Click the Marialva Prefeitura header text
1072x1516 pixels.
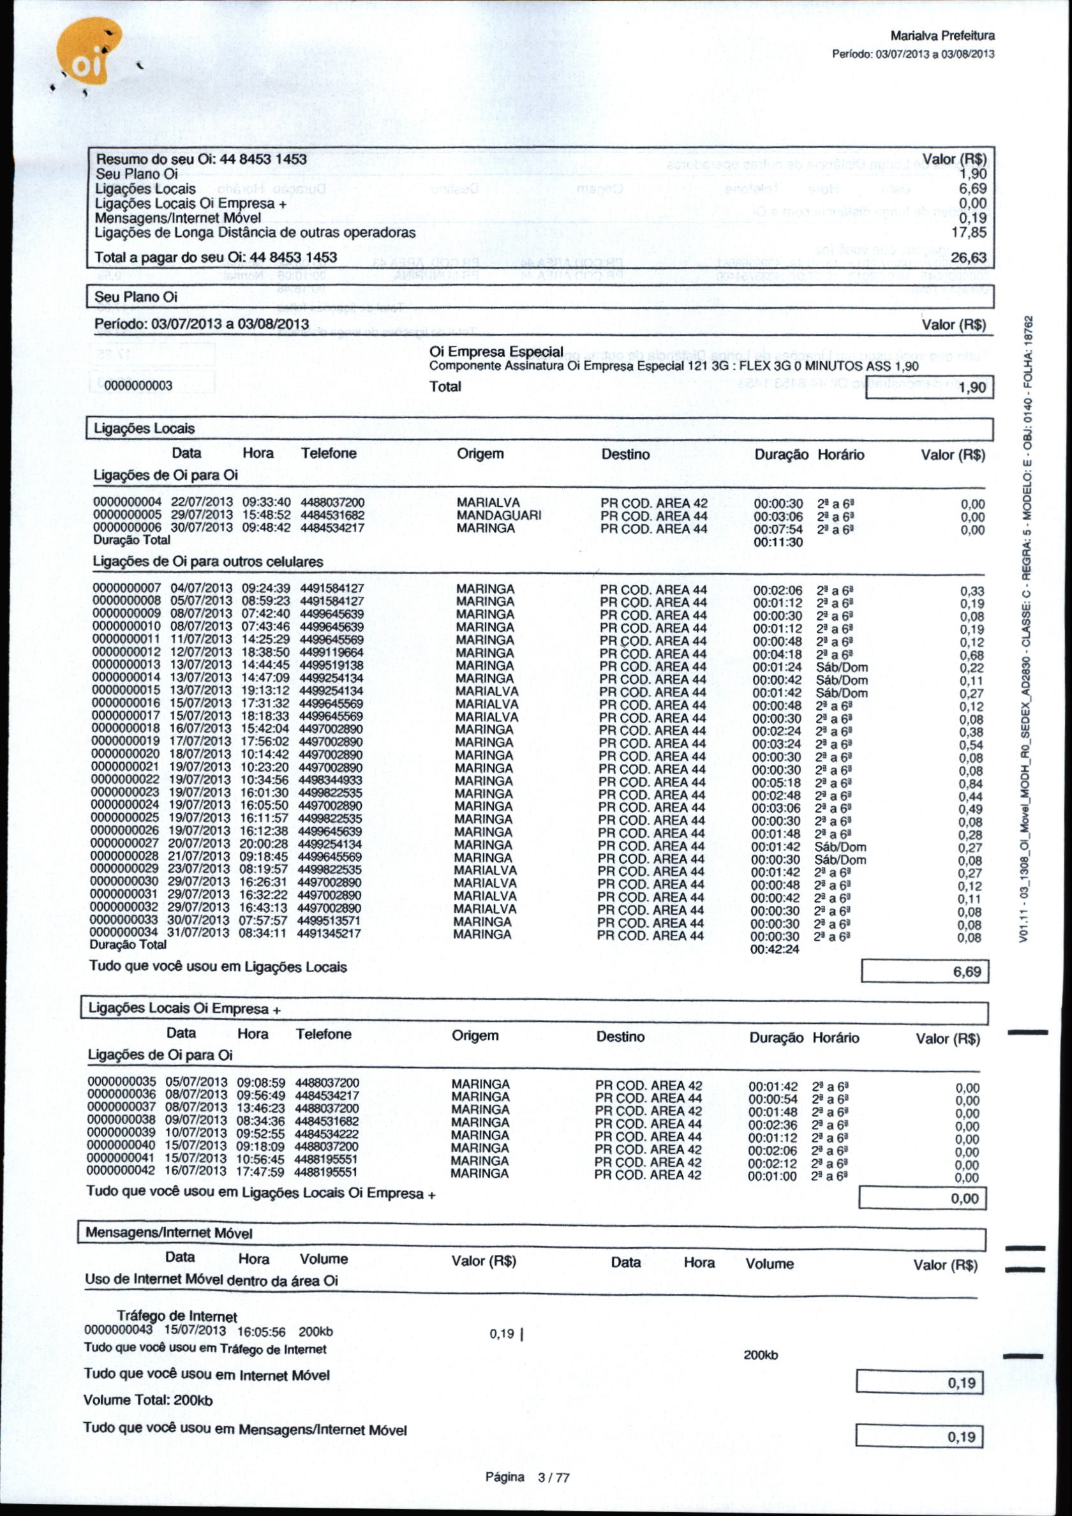(942, 36)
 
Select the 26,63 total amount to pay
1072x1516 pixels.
(969, 257)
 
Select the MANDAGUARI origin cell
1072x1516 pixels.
(499, 516)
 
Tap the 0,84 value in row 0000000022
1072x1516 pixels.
(971, 784)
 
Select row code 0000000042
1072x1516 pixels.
(121, 1171)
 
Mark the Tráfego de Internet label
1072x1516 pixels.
(176, 1317)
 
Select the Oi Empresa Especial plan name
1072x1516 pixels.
(496, 352)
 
